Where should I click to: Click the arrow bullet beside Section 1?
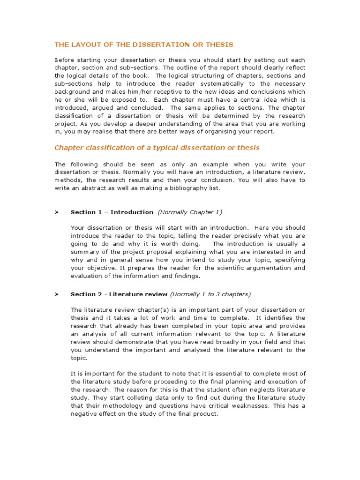click(x=56, y=212)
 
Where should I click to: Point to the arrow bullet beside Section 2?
click(x=56, y=294)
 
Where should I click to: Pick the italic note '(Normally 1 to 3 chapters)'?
click(x=210, y=294)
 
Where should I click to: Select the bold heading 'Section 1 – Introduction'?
click(x=112, y=212)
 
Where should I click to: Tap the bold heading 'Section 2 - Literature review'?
click(x=119, y=294)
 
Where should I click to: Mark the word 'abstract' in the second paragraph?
click(x=99, y=188)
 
